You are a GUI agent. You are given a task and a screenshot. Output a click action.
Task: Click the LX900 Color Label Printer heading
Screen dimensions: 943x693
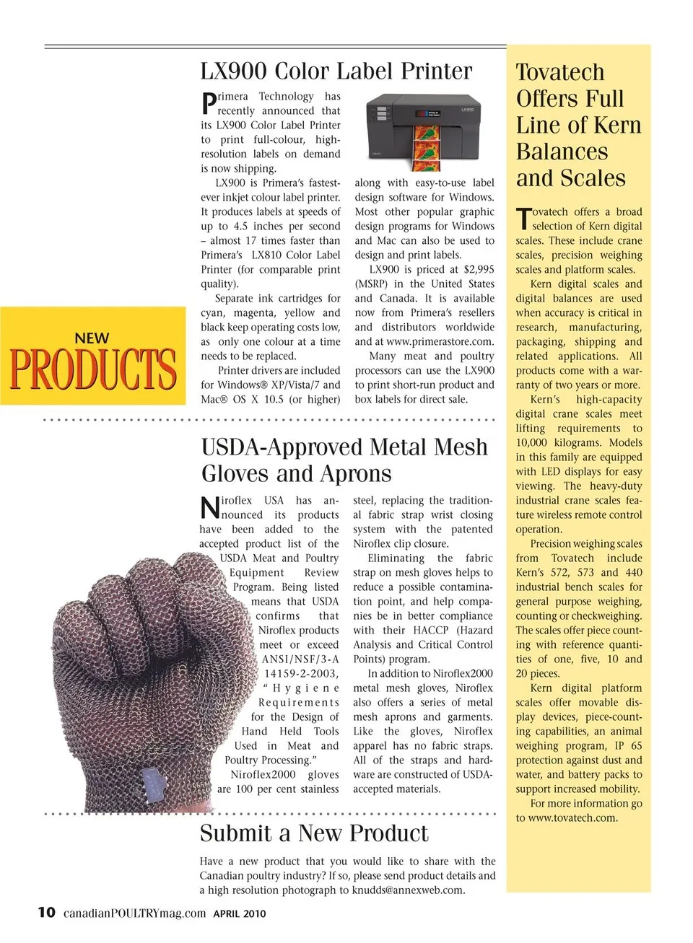(x=336, y=71)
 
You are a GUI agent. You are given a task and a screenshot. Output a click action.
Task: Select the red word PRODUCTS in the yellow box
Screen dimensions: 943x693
(x=93, y=369)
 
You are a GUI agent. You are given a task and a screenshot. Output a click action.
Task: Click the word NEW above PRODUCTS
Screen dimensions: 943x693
(x=92, y=338)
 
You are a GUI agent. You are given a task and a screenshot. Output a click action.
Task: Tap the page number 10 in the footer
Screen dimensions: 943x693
(x=46, y=912)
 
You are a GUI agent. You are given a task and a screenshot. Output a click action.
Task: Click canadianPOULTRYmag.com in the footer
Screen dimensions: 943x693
(x=134, y=913)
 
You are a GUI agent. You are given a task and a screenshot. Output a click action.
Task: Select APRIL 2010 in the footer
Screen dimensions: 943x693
(x=240, y=913)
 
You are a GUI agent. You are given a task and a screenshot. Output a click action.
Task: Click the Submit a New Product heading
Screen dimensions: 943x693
(x=314, y=833)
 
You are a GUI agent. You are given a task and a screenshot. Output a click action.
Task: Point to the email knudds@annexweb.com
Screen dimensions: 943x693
(x=409, y=890)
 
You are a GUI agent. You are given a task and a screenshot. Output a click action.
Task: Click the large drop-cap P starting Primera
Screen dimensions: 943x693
(x=208, y=103)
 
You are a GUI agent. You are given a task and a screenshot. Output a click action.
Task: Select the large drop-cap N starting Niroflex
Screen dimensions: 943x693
(x=209, y=507)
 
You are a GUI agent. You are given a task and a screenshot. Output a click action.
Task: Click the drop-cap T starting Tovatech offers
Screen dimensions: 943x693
(x=523, y=219)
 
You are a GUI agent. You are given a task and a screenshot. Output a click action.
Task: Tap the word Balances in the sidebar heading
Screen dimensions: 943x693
(x=562, y=152)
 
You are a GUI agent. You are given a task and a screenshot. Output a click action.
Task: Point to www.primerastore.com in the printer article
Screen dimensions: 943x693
(x=440, y=341)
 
